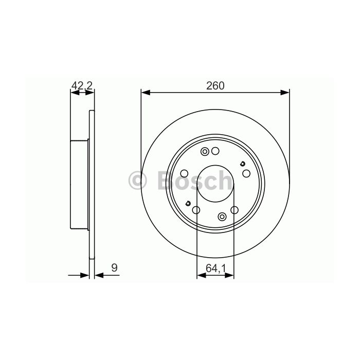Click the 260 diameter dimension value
coord(215,86)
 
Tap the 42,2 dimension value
coord(82,86)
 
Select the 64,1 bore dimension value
coord(216,268)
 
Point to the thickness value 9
coord(114,268)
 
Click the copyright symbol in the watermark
coord(137,181)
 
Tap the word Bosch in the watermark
coord(195,181)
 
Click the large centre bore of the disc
coord(215,184)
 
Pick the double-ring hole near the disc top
coord(205,152)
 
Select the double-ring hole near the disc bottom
coord(222,217)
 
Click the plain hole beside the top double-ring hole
coord(215,151)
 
